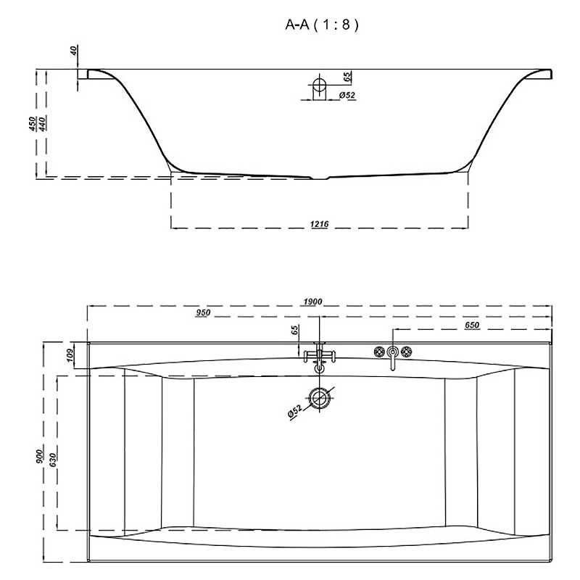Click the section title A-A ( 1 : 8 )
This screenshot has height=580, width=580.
(x=322, y=25)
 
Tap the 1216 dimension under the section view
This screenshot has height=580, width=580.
(x=319, y=224)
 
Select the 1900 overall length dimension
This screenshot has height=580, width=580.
(x=312, y=302)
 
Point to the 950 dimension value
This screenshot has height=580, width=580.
(x=203, y=312)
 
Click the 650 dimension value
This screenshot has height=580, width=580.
(x=472, y=325)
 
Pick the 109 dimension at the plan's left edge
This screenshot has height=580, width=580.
(x=70, y=355)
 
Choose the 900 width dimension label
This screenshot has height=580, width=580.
(x=40, y=456)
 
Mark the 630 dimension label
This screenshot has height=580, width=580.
(x=53, y=460)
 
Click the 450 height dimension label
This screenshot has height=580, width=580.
(x=33, y=124)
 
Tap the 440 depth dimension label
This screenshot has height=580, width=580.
(x=42, y=124)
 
